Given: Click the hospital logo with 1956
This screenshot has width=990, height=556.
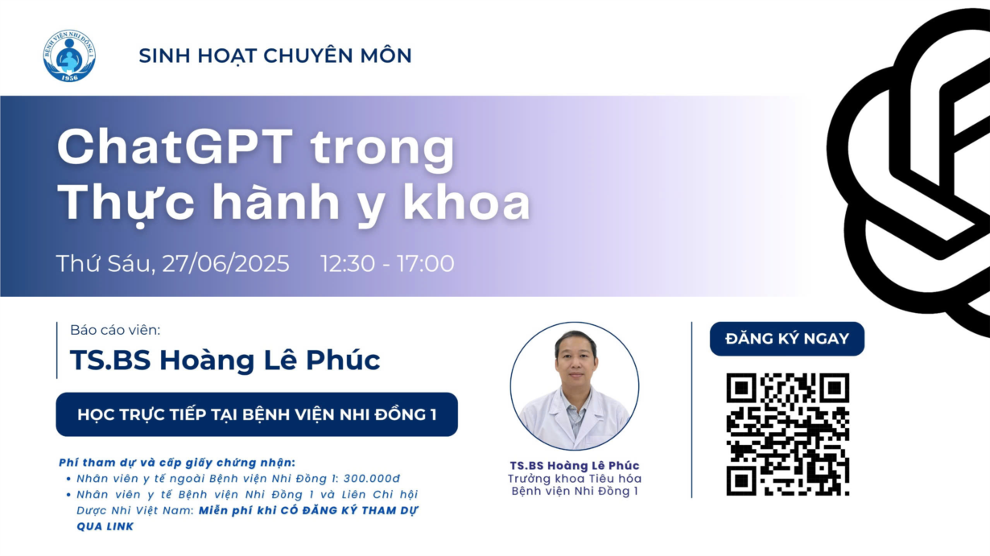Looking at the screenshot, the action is [69, 56].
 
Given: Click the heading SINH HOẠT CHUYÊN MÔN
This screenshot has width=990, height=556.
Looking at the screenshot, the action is [275, 56].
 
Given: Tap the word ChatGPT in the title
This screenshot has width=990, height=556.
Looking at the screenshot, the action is [175, 146].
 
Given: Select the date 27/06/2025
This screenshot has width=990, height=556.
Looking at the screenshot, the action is [225, 264].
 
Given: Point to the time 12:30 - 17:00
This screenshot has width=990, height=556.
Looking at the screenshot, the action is [387, 264].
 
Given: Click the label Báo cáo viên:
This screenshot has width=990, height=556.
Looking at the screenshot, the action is [115, 330].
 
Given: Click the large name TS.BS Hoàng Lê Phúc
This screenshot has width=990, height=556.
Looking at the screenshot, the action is [225, 360].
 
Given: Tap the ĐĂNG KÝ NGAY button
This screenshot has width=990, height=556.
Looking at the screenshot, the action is [787, 339].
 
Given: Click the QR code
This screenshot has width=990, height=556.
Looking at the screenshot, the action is [788, 435].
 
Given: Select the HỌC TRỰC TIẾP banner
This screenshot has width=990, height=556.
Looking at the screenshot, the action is [257, 414].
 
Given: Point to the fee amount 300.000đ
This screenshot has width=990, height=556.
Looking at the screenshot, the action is [372, 479].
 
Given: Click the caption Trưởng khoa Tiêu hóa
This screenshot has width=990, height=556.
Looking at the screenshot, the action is [575, 479].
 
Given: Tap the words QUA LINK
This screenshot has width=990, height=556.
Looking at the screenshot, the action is [105, 526].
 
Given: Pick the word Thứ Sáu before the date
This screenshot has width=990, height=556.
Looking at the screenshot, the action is [105, 264].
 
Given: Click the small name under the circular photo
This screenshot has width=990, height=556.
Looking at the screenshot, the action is [575, 465].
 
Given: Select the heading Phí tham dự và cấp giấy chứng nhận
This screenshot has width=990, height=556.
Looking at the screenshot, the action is [177, 463].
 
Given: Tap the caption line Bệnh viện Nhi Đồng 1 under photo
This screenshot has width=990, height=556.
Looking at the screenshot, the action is [575, 491].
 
